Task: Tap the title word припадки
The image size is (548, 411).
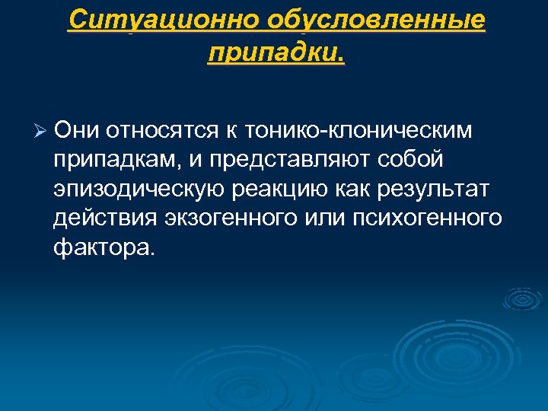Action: (x=275, y=53)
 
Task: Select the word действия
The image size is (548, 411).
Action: (x=104, y=218)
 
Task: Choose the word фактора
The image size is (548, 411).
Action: (x=104, y=247)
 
